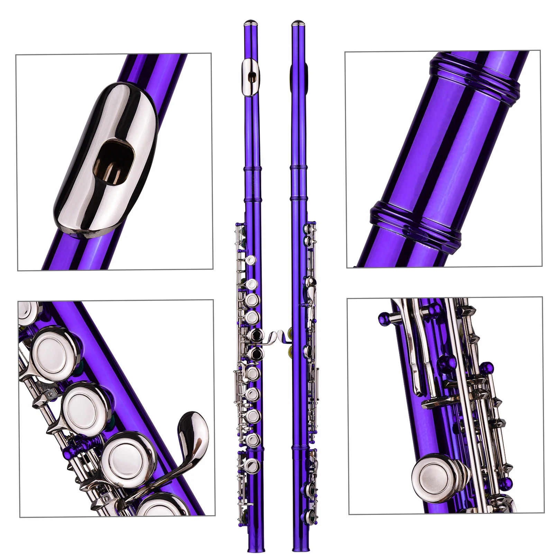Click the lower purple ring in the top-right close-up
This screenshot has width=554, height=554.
[415, 225]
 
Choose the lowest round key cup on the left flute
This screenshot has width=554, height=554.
[253, 465]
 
